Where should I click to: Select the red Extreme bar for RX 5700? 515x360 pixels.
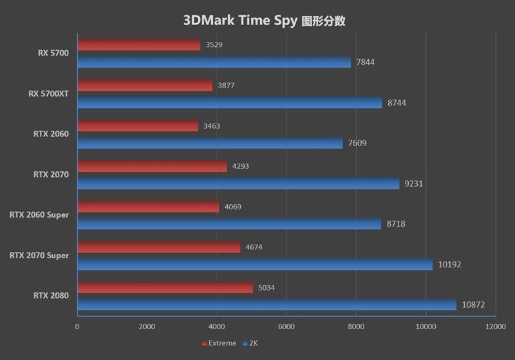pyautogui.click(x=138, y=45)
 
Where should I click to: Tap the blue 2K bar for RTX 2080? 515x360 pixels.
pyautogui.click(x=267, y=305)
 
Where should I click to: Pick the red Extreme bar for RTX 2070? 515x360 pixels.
pyautogui.click(x=152, y=166)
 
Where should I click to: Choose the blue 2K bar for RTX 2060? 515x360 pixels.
pyautogui.click(x=210, y=143)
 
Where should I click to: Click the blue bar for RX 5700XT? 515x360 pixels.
pyautogui.click(x=229, y=102)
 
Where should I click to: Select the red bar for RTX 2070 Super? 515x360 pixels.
pyautogui.click(x=158, y=247)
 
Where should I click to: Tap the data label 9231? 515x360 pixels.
pyautogui.click(x=413, y=184)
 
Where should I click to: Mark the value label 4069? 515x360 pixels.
pyautogui.click(x=233, y=207)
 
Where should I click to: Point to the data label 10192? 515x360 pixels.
pyautogui.click(x=449, y=264)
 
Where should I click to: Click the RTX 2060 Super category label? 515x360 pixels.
pyautogui.click(x=39, y=215)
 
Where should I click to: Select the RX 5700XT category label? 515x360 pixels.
pyautogui.click(x=49, y=93)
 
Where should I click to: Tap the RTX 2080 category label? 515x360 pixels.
pyautogui.click(x=51, y=296)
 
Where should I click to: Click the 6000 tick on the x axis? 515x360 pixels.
pyautogui.click(x=286, y=327)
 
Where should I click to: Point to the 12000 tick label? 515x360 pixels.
pyautogui.click(x=495, y=327)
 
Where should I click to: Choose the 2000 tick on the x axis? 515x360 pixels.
pyautogui.click(x=147, y=327)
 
